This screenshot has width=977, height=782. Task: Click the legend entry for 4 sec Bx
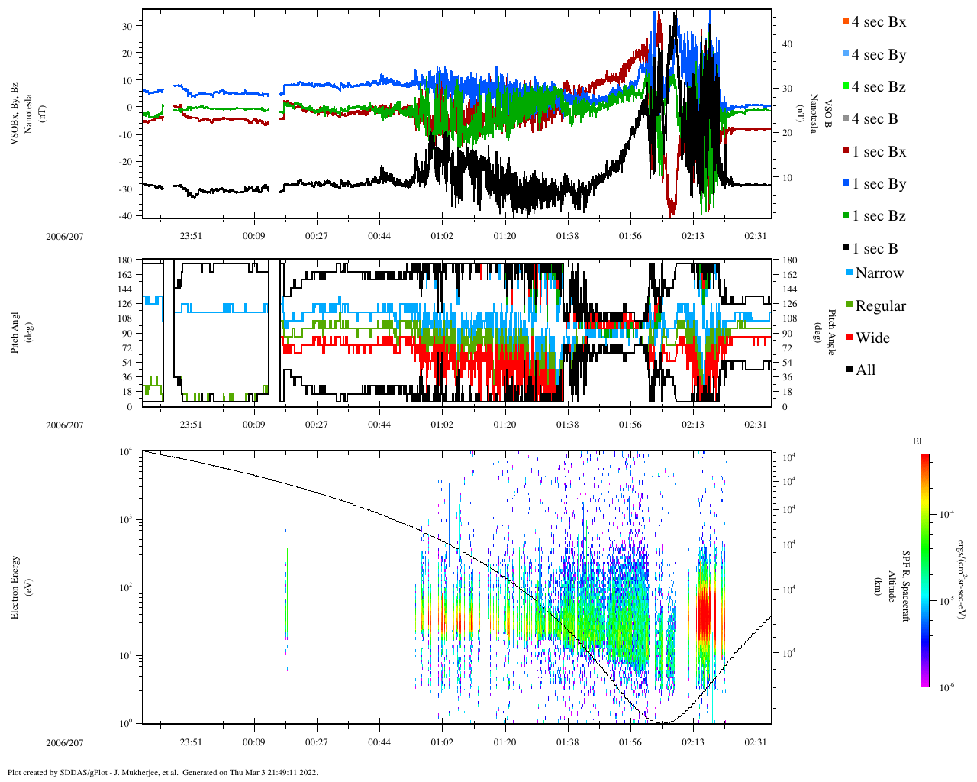coord(879,22)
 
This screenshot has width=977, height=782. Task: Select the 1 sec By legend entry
coord(879,184)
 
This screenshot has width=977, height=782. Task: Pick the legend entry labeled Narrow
coord(879,273)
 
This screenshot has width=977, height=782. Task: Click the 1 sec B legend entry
coord(875,249)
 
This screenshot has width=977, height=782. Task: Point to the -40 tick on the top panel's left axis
coord(125,216)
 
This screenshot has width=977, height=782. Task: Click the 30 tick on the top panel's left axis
coord(127,26)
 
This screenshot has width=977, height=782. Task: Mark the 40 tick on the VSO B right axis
coord(787,44)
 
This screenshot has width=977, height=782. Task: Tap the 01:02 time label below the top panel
coord(442,236)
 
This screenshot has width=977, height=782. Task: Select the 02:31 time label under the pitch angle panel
coord(756,425)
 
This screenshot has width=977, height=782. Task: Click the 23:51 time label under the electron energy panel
coord(191,742)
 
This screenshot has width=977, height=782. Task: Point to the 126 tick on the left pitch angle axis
coord(125,304)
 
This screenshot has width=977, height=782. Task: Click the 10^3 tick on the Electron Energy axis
coord(126,519)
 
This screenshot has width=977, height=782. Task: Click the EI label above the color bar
coord(917,441)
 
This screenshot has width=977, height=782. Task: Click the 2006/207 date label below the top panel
coord(64,236)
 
